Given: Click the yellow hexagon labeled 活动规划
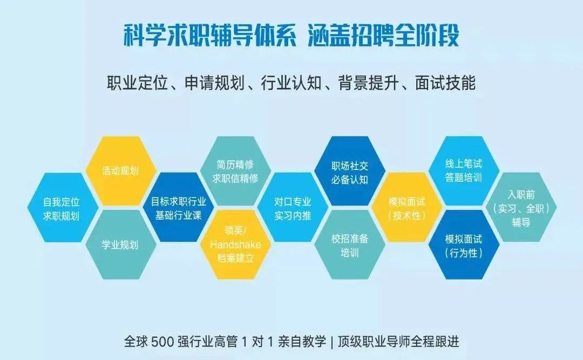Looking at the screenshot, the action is pyautogui.click(x=120, y=171).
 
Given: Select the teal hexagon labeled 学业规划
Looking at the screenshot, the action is pyautogui.click(x=120, y=244).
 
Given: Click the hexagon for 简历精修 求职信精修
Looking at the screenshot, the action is pyautogui.click(x=235, y=171).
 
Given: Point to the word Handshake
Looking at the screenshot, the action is pyautogui.click(x=235, y=244).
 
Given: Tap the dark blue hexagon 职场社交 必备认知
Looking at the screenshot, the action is pyautogui.click(x=350, y=171).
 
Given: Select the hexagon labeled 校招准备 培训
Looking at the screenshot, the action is pyautogui.click(x=350, y=244).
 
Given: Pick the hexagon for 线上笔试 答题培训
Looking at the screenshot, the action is pyautogui.click(x=464, y=171).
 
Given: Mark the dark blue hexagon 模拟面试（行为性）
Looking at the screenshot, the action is pyautogui.click(x=464, y=244).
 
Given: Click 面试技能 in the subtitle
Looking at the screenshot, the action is pyautogui.click(x=445, y=83).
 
